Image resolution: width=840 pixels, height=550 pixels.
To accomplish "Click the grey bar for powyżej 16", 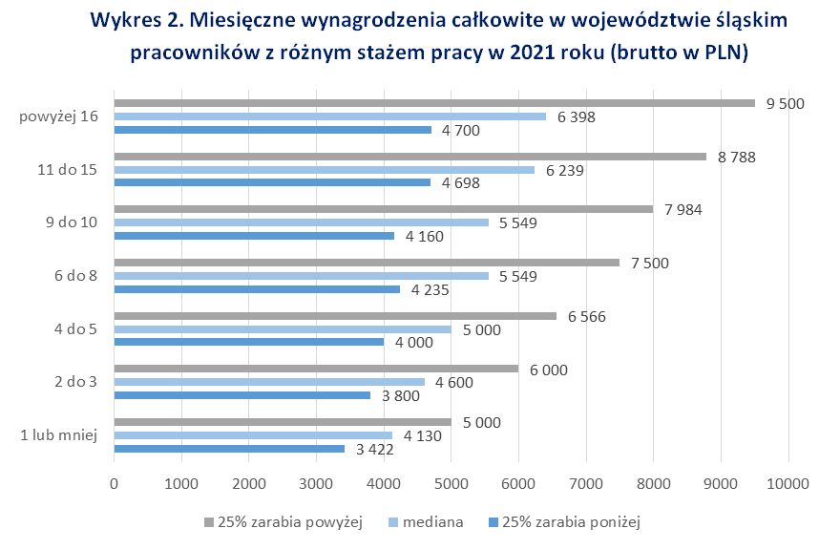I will (434, 103).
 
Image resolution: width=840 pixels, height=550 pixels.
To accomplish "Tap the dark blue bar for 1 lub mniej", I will (229, 449).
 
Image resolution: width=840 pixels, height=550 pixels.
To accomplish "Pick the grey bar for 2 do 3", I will (316, 369).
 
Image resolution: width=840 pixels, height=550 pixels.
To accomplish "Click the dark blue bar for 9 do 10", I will (254, 235).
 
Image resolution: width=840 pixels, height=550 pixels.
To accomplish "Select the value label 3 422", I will (374, 449).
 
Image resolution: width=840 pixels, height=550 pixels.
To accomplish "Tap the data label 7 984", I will (684, 209).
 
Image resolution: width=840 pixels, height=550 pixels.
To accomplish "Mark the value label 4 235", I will (430, 288).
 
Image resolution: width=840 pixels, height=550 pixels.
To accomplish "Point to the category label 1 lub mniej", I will (59, 435).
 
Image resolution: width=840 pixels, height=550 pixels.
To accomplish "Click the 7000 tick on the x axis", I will (585, 484).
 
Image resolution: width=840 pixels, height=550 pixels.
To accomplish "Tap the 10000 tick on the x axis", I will (787, 484).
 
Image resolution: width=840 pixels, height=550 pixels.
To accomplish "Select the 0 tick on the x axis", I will (115, 484).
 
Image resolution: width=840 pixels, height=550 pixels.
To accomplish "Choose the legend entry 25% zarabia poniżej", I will (570, 522).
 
